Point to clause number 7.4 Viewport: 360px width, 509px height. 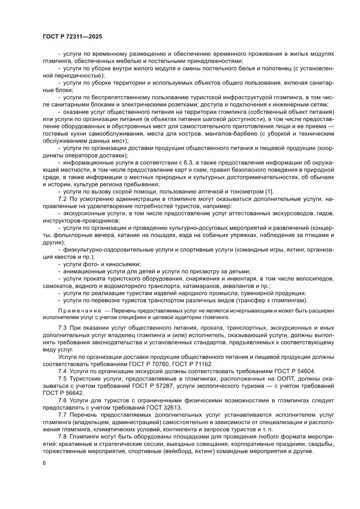coord(63,371)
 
